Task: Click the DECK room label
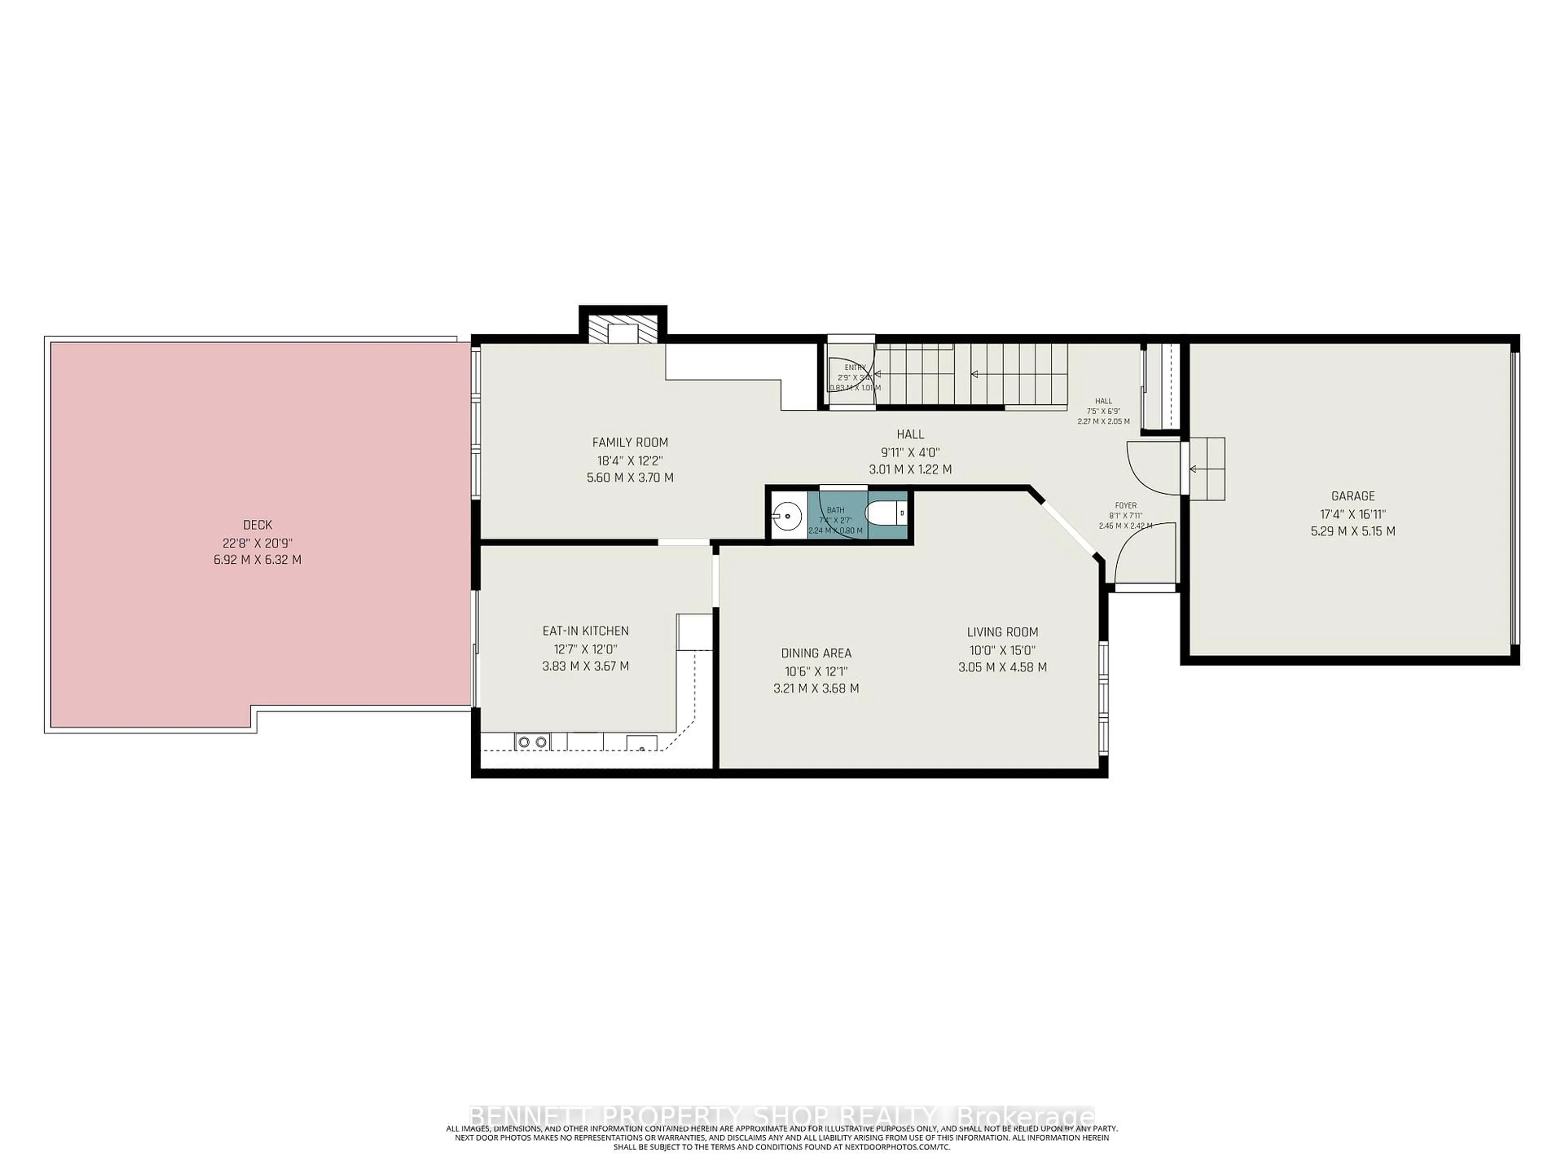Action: coord(257,525)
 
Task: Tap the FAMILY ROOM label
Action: coord(629,443)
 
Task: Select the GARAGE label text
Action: coord(1353,496)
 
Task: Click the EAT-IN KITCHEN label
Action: coord(585,630)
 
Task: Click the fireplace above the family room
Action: coord(623,331)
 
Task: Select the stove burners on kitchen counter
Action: coord(532,742)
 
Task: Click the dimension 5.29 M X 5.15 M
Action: coord(1353,531)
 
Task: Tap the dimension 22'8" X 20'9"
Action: coord(257,543)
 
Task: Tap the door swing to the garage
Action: coord(1151,467)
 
